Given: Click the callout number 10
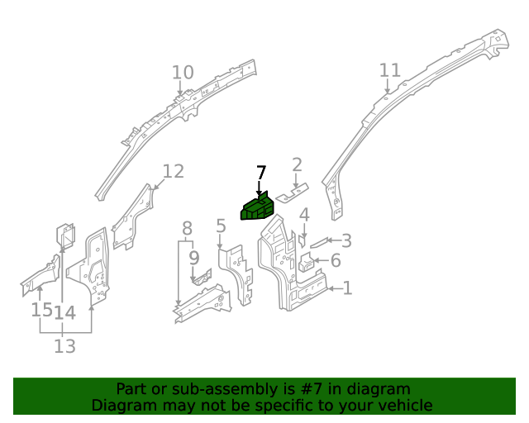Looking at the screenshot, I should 183,73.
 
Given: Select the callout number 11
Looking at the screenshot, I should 389,71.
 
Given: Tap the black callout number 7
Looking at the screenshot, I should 261,173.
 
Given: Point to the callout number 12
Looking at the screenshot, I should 173,171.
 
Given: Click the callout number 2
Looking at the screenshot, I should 297,165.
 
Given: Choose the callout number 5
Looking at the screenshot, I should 221,226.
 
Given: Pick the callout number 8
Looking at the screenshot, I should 188,228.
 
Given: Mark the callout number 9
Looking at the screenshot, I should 194,258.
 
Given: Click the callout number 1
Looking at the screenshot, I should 347,288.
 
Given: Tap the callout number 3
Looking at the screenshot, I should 346,240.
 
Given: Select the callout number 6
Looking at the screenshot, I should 336,261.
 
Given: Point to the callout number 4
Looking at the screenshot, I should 304,216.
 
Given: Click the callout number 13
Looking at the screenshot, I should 64,346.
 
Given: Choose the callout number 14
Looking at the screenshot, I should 65,312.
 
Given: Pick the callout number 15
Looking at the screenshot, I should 41,310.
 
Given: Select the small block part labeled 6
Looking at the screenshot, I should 306,264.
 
